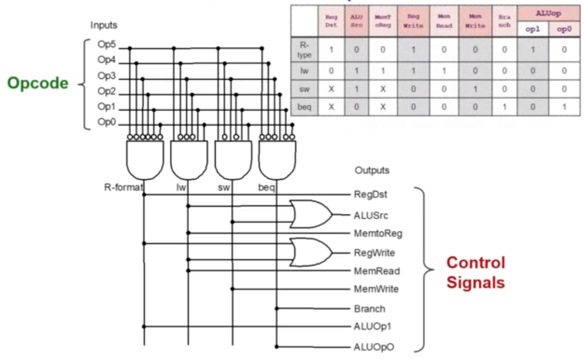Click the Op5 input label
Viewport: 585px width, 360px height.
click(106, 46)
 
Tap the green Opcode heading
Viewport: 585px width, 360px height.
click(38, 83)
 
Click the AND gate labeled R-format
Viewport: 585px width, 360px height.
click(145, 159)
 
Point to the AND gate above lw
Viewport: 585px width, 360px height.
click(188, 159)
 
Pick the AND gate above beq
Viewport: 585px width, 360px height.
click(277, 159)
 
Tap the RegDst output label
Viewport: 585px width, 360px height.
click(370, 194)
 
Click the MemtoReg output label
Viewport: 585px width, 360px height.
click(378, 234)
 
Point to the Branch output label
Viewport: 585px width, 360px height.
click(369, 309)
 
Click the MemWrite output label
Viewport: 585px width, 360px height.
click(376, 289)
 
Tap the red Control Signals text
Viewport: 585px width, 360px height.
click(475, 272)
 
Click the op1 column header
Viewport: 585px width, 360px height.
click(532, 29)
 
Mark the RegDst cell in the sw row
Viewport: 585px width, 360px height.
click(331, 89)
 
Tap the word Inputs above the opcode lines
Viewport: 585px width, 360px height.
click(104, 25)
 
